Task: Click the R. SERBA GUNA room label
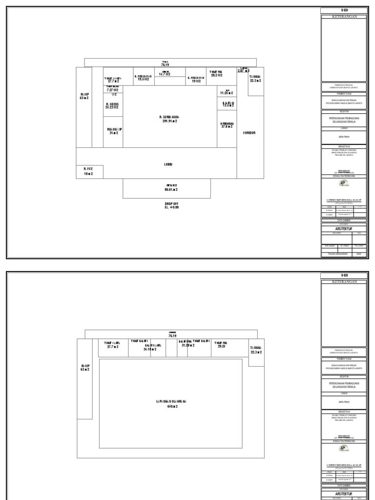[x=169, y=119]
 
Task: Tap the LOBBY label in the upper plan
[x=168, y=165]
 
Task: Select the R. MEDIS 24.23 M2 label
[x=112, y=106]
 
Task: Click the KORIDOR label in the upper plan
[x=250, y=133]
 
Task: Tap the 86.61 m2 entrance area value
[x=167, y=190]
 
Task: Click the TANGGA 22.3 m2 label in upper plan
[x=255, y=79]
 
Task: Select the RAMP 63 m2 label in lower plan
[x=85, y=367]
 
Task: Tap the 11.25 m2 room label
[x=226, y=92]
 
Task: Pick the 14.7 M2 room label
[x=165, y=74]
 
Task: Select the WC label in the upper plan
[x=114, y=95]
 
